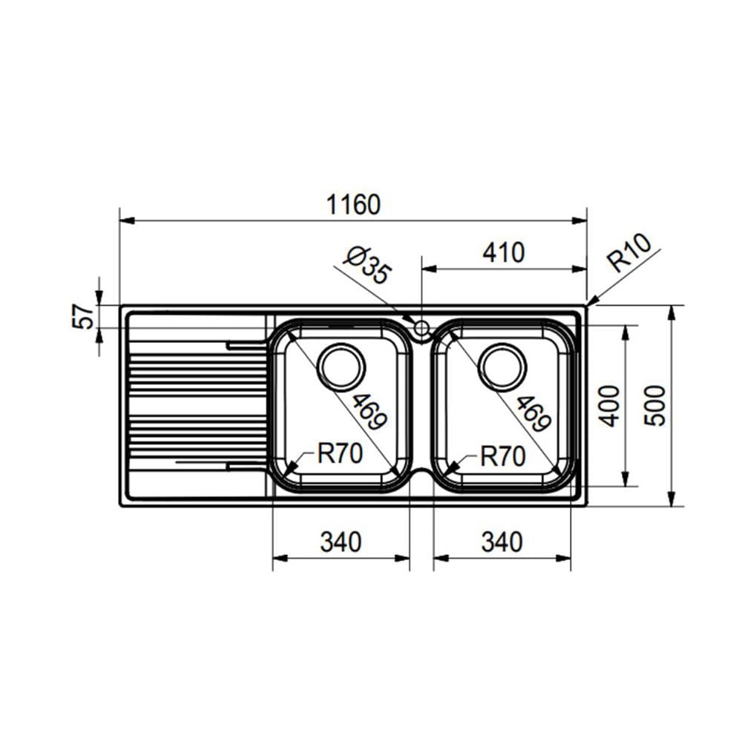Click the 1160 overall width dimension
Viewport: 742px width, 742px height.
click(x=353, y=205)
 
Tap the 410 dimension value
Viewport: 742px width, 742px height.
click(x=504, y=253)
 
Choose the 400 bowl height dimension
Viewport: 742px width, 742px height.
click(x=609, y=406)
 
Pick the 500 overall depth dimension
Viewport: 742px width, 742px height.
click(x=655, y=406)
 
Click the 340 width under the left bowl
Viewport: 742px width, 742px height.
click(x=341, y=542)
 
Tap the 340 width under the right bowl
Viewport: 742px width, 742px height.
click(x=502, y=542)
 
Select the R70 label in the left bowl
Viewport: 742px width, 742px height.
click(x=340, y=453)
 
